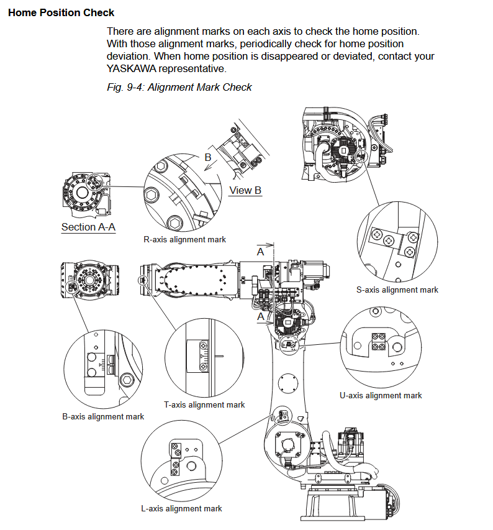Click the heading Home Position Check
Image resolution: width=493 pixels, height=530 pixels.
[x=61, y=12]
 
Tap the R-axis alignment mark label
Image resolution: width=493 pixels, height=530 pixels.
[x=185, y=239]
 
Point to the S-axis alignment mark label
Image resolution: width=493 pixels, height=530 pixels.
[x=397, y=290]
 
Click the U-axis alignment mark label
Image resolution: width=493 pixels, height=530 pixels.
[x=381, y=395]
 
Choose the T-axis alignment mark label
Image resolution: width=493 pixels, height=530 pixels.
[x=204, y=404]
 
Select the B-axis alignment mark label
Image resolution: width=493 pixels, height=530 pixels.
[x=103, y=416]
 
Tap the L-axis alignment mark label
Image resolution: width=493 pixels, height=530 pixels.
[x=181, y=509]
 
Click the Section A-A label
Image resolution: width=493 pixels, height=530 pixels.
[x=88, y=227]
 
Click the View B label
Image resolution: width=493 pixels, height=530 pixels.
[x=245, y=190]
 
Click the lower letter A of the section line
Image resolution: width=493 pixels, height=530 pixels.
[x=261, y=318]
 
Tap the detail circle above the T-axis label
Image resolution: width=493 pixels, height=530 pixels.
[x=204, y=359]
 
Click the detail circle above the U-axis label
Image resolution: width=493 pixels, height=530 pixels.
[x=381, y=347]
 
